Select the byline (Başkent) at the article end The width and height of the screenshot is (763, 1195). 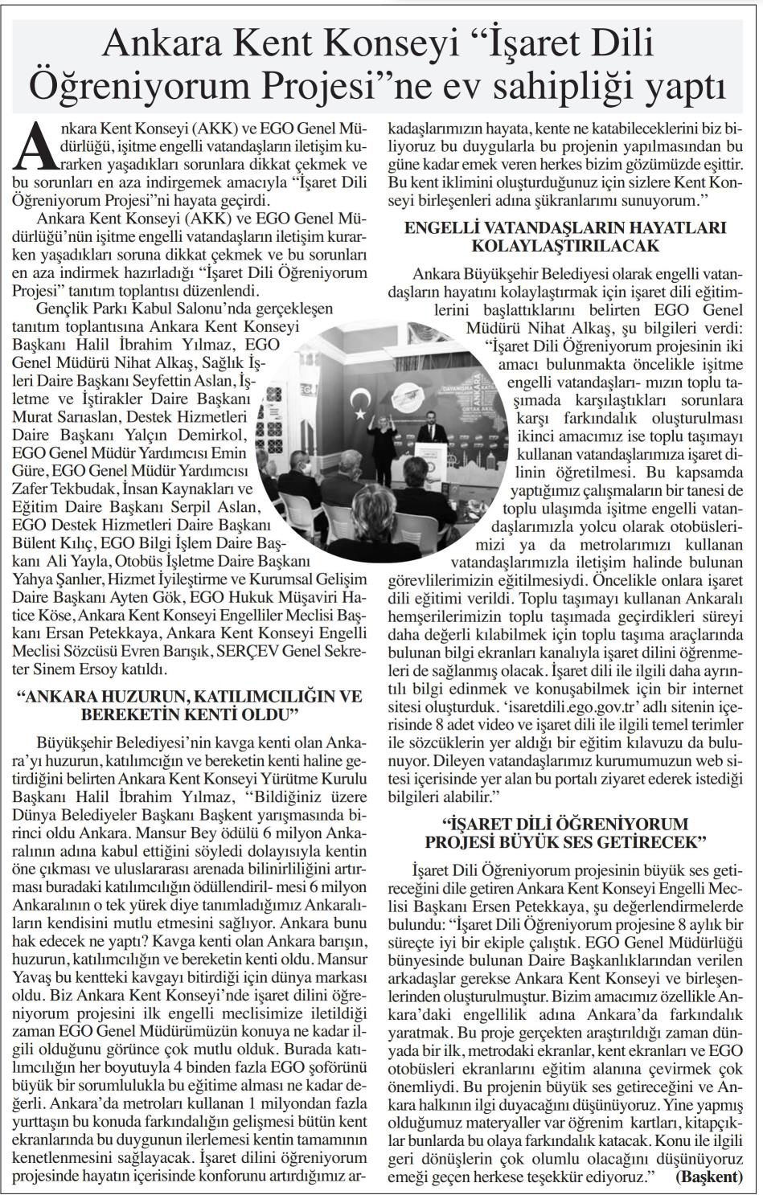[x=708, y=1177]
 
